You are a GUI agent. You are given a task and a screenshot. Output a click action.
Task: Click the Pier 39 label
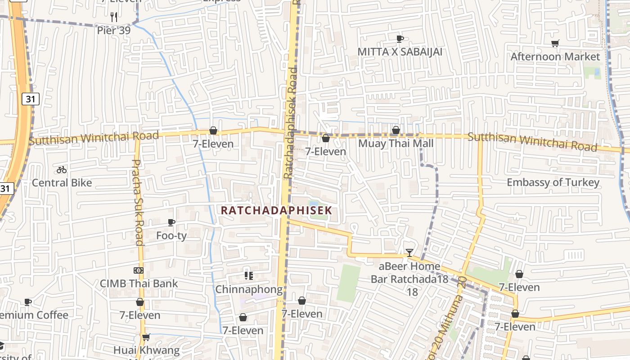click(x=114, y=31)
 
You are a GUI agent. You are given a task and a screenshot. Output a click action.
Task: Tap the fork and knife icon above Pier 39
click(x=114, y=17)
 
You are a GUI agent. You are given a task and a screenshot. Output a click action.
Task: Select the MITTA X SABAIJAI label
click(x=400, y=52)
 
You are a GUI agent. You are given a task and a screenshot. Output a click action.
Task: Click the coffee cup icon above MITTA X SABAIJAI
click(x=400, y=39)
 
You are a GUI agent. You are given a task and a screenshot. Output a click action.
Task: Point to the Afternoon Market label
click(x=555, y=57)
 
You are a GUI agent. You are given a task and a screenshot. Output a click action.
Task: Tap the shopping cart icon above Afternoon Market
click(x=555, y=44)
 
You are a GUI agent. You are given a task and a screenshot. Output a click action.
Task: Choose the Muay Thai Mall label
click(x=396, y=144)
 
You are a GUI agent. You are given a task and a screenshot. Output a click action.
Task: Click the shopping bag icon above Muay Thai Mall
click(x=396, y=130)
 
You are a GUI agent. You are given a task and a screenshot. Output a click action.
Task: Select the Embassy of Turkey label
click(x=553, y=182)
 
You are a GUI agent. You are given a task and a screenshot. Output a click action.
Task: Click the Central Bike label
click(x=62, y=183)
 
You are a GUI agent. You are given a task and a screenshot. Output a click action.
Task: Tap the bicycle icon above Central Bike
click(x=62, y=170)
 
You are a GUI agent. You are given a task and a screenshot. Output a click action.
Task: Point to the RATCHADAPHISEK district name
click(x=276, y=210)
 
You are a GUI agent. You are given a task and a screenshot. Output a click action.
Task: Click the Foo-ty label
click(x=171, y=235)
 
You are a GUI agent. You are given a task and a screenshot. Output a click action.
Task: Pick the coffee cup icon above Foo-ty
click(x=171, y=222)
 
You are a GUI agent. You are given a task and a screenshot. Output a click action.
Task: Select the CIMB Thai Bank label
click(x=139, y=283)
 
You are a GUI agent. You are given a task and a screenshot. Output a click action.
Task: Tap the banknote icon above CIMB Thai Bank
click(x=139, y=270)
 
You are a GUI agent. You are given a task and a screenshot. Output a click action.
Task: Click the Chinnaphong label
click(x=249, y=289)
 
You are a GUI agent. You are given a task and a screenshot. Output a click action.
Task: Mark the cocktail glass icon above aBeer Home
click(x=409, y=253)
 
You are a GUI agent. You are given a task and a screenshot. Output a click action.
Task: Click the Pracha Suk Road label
click(x=137, y=202)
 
